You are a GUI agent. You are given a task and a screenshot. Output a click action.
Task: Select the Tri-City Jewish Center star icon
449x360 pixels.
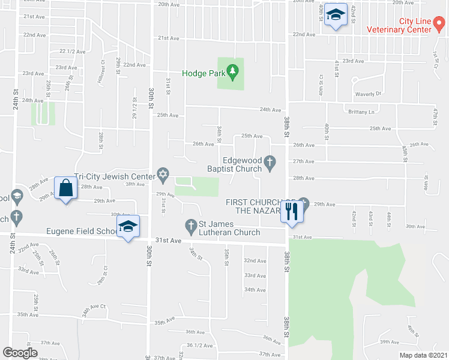point(163,175)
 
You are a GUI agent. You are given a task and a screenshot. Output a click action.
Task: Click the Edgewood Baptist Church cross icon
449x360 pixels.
point(270,161)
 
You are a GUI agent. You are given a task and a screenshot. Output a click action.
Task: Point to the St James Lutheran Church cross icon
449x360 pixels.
point(191,225)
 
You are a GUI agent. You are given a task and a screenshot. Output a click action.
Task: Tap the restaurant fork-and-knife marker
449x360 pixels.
point(292,211)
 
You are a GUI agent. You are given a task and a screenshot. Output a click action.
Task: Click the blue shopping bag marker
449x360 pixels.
point(65,188)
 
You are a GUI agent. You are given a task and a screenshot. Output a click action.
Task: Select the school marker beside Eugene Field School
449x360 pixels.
point(128,226)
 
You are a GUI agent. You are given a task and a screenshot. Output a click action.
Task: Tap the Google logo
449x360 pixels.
point(20,353)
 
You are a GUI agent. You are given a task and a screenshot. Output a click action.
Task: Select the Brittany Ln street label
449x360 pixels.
point(361,112)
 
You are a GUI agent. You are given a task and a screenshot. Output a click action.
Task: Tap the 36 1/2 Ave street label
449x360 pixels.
point(200,345)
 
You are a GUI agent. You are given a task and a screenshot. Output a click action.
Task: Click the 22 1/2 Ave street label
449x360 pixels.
point(71,51)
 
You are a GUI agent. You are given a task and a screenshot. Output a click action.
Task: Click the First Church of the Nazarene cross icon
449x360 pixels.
point(303,202)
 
